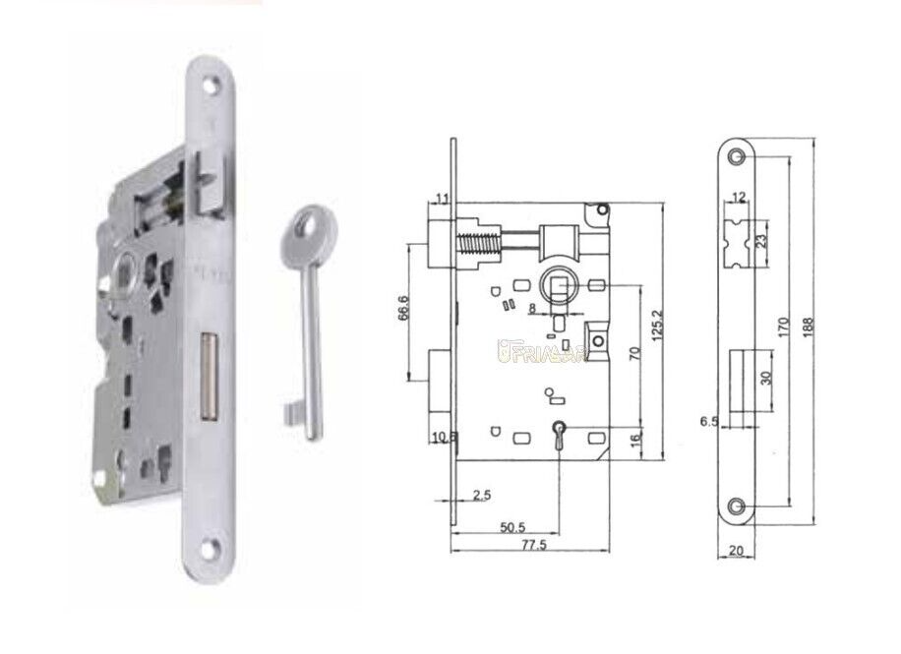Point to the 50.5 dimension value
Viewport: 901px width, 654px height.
pyautogui.click(x=511, y=527)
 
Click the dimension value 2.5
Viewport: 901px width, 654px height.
pyautogui.click(x=482, y=496)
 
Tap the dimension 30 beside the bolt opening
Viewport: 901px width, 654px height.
pyautogui.click(x=764, y=378)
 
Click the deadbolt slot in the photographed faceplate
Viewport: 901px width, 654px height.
pyautogui.click(x=208, y=375)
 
